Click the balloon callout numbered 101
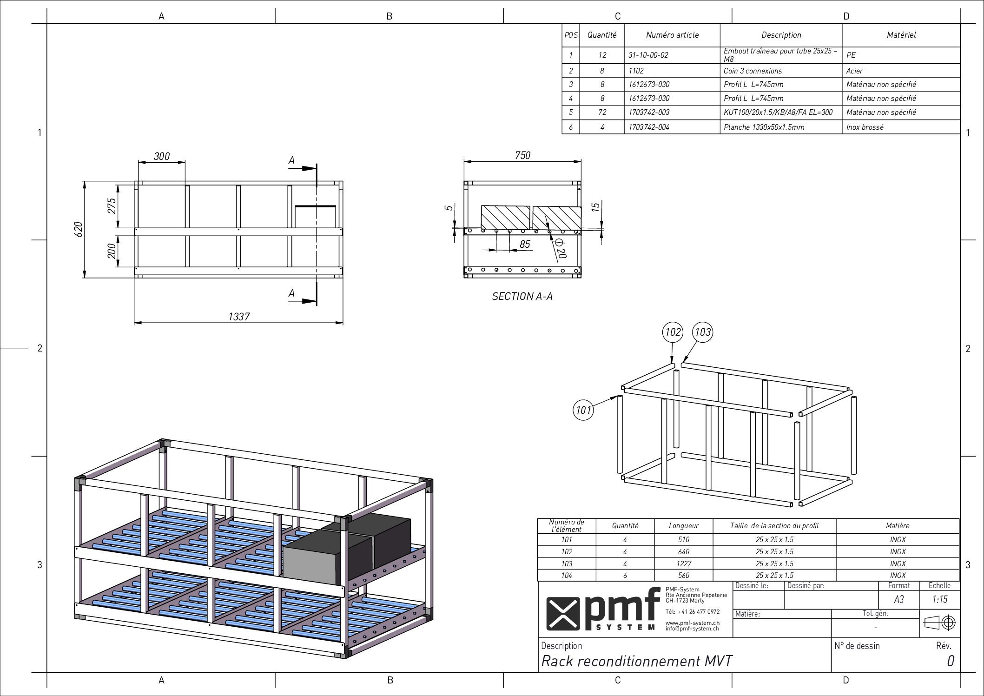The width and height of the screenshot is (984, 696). pos(583,410)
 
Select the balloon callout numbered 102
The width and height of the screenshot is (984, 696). pos(673,332)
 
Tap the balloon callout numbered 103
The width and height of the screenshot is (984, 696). pos(702,332)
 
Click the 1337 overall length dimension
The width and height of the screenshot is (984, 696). pos(239,317)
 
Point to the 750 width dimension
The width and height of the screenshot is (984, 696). pos(522,155)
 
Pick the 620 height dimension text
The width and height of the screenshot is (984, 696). pos(79,229)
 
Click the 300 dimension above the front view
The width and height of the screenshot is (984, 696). pos(162,156)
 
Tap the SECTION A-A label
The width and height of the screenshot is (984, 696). pos(522,296)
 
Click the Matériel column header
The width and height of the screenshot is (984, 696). pos(901,35)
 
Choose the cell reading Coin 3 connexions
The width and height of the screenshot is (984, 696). pos(753,71)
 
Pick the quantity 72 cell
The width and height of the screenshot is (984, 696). pos(602,112)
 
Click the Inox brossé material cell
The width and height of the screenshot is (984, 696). pos(865,127)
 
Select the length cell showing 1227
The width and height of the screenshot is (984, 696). pos(683,563)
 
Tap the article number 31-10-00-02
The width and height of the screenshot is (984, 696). pos(648,55)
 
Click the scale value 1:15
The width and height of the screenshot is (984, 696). pos(939,599)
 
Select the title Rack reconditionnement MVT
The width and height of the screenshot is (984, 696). pos(637,661)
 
